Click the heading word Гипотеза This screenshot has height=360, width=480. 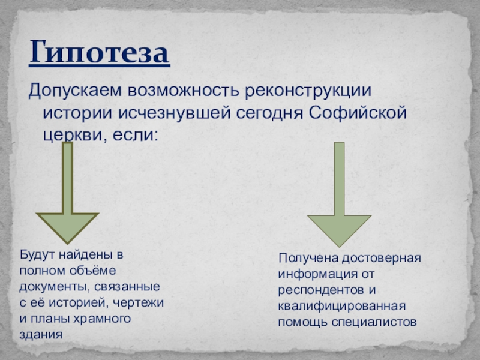pyautogui.click(x=100, y=53)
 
